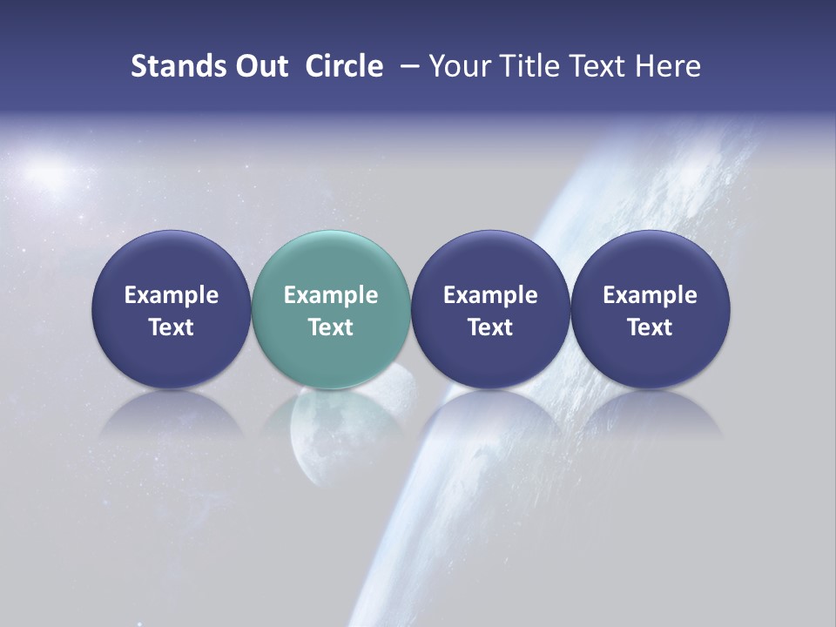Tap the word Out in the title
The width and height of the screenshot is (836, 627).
tap(259, 66)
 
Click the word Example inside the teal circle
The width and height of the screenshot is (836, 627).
tap(331, 295)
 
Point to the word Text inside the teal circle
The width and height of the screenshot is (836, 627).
tap(331, 327)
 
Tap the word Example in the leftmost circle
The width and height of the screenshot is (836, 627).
tap(172, 295)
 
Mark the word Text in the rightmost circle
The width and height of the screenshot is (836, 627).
tap(651, 327)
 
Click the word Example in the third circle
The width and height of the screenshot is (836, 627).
tap(490, 295)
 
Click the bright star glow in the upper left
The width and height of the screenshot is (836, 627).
tap(48, 172)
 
